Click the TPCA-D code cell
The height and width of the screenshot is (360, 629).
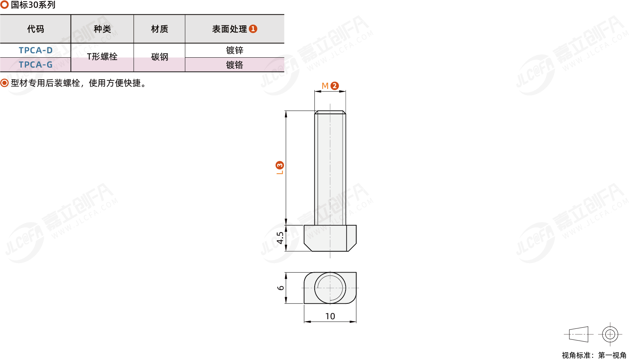click(x=36, y=50)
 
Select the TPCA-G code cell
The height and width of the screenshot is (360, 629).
click(x=36, y=65)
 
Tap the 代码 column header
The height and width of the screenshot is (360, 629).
click(x=36, y=29)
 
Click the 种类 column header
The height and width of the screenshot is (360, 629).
click(x=102, y=29)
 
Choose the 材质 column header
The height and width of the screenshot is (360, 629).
click(x=160, y=29)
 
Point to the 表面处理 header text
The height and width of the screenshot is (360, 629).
click(x=229, y=29)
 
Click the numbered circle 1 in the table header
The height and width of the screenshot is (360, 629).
click(x=253, y=29)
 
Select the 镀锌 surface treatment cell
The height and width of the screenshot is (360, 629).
click(x=235, y=50)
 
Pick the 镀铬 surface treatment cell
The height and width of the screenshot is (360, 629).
click(x=235, y=65)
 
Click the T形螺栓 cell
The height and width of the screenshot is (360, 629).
click(x=102, y=57)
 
